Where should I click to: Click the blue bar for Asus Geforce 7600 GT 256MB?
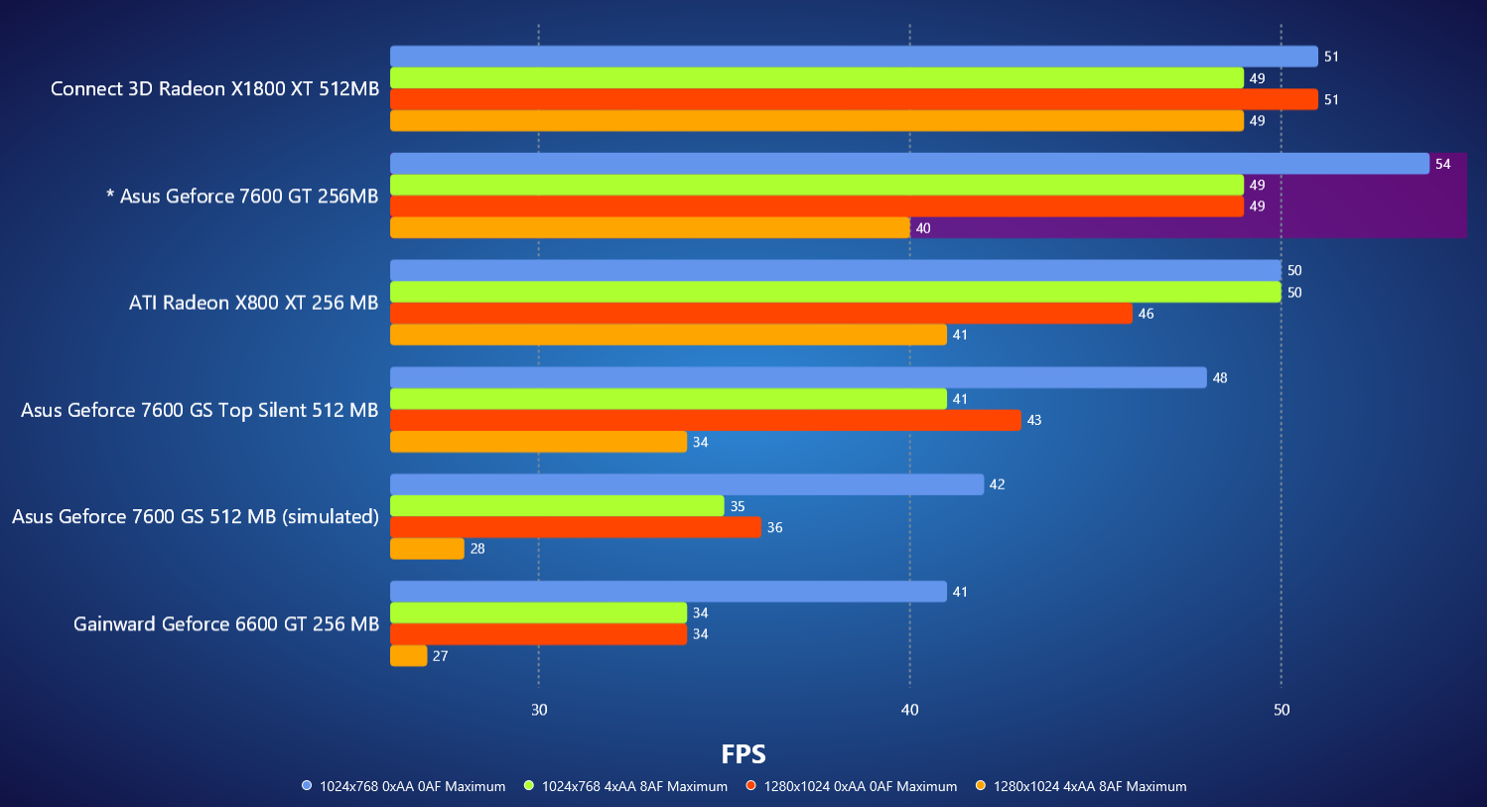(909, 164)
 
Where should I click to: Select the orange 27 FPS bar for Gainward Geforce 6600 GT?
(408, 656)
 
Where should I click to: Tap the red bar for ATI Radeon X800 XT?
(760, 314)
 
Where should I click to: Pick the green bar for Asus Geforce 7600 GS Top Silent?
(668, 399)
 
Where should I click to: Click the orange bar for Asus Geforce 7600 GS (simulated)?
(427, 549)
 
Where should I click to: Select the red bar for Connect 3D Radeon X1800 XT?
(854, 99)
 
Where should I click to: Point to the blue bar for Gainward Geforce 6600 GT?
(668, 592)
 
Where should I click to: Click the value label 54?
(1442, 164)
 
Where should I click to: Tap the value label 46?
(1146, 314)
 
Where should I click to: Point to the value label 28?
(477, 549)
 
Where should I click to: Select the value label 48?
(1220, 378)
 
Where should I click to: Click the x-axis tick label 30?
(539, 710)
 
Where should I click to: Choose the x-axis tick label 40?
(909, 710)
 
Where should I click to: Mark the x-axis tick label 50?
(1282, 710)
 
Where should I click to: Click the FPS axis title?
(743, 754)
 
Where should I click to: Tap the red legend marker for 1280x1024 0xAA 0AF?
(751, 786)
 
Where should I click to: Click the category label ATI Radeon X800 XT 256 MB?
(253, 303)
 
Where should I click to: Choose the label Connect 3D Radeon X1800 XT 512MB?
(214, 89)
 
